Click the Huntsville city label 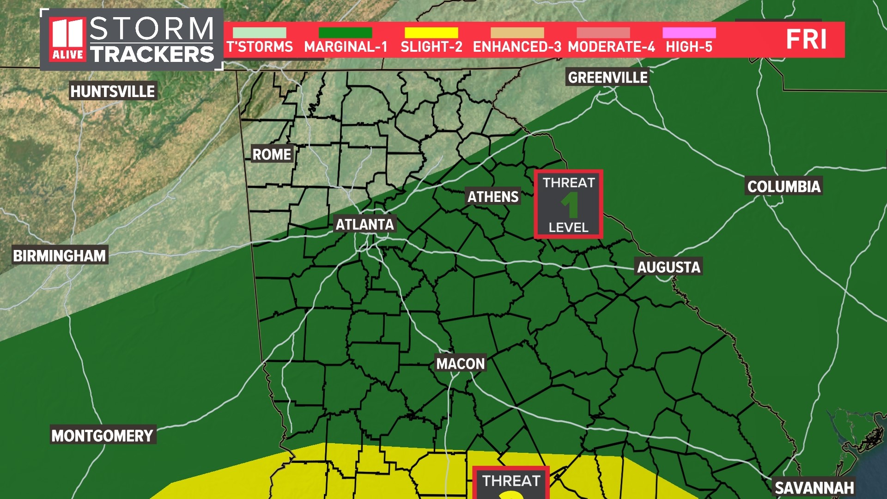(x=112, y=91)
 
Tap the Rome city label (x=272, y=154)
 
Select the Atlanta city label (x=365, y=225)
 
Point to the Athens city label (x=493, y=196)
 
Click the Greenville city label (x=608, y=77)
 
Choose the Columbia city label (x=784, y=186)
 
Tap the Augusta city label (x=668, y=267)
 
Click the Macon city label (x=461, y=364)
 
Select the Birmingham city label (x=60, y=255)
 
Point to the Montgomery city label (x=102, y=435)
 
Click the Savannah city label (x=814, y=488)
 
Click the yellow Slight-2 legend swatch (x=431, y=33)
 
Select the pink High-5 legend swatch (x=689, y=33)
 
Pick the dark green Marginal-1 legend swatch (x=345, y=33)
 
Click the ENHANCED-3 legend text (x=517, y=47)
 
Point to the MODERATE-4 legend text (x=611, y=47)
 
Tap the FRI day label (x=806, y=39)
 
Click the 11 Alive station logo (x=68, y=39)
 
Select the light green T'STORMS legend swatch (x=259, y=33)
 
